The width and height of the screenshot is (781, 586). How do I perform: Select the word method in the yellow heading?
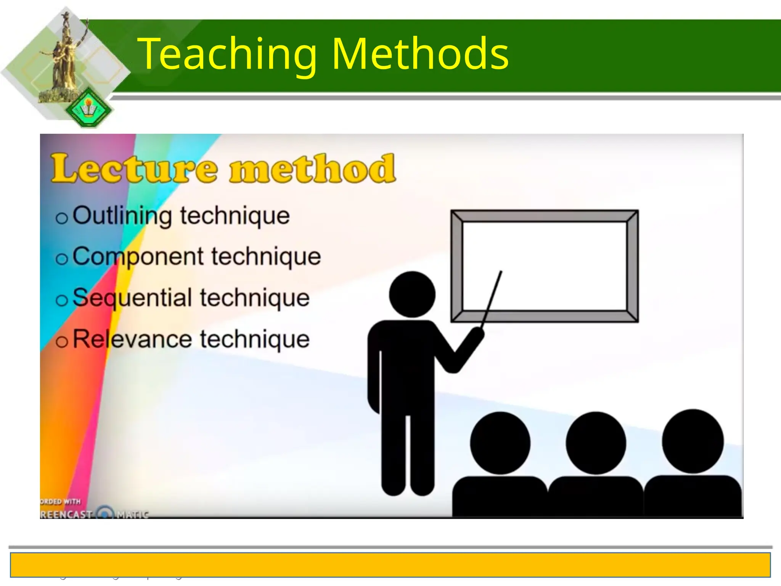(x=312, y=168)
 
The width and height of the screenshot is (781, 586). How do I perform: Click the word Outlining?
(x=122, y=216)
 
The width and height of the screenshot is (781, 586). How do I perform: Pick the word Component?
(x=138, y=256)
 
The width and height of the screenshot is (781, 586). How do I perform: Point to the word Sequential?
(x=132, y=298)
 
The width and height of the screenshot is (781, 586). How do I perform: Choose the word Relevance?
(x=132, y=339)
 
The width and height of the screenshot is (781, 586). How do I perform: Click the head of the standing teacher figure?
(x=412, y=295)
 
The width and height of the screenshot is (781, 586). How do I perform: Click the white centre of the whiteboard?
(x=545, y=266)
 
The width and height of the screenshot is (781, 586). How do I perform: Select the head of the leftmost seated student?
(x=500, y=443)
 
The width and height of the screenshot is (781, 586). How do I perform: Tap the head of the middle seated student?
(x=596, y=443)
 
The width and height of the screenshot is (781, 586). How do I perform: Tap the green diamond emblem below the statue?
(x=88, y=108)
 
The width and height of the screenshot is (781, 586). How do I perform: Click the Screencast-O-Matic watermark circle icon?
(x=104, y=513)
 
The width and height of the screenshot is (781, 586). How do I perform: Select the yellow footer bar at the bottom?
(x=390, y=565)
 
